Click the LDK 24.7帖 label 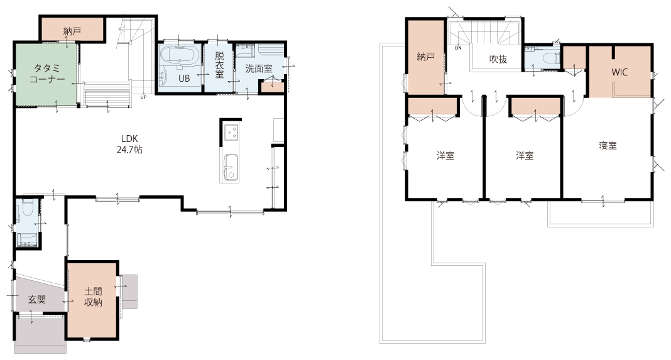pyautogui.click(x=129, y=145)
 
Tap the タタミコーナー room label pyautogui.click(x=47, y=74)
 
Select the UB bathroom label pyautogui.click(x=184, y=79)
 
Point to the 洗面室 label pyautogui.click(x=259, y=68)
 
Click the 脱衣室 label pyautogui.click(x=219, y=65)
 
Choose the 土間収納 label pyautogui.click(x=93, y=297)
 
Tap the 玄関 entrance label pyautogui.click(x=37, y=299)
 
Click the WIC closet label pyautogui.click(x=619, y=72)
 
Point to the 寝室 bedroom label pyautogui.click(x=608, y=146)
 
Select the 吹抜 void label pyautogui.click(x=498, y=59)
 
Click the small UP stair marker pyautogui.click(x=143, y=97)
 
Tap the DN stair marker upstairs pyautogui.click(x=458, y=48)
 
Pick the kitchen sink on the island pyautogui.click(x=230, y=168)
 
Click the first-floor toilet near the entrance pyautogui.click(x=28, y=207)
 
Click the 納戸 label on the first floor pyautogui.click(x=72, y=31)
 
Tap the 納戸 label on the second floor pyautogui.click(x=426, y=57)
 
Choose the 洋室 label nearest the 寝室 pyautogui.click(x=525, y=155)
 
